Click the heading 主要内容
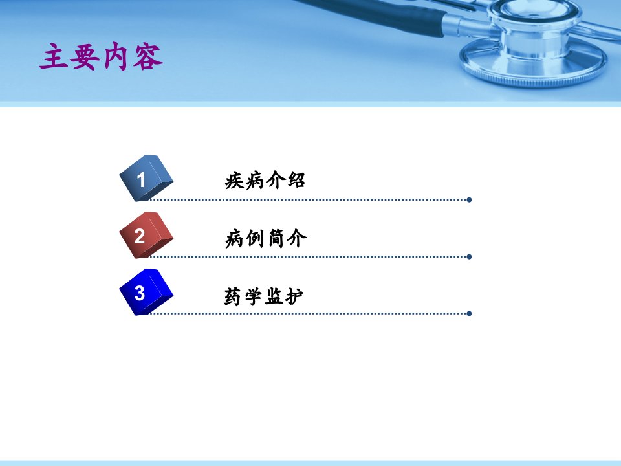click(x=102, y=57)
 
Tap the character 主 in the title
click(x=54, y=57)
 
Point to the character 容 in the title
click(x=148, y=57)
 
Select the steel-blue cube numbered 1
click(x=146, y=178)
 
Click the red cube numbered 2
click(x=146, y=235)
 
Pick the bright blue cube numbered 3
click(x=146, y=292)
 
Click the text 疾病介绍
click(x=265, y=181)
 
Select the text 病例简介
click(x=266, y=239)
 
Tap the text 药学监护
click(x=264, y=296)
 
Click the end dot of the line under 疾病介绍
click(x=469, y=200)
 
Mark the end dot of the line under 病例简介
click(x=469, y=257)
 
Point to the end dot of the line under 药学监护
click(x=469, y=314)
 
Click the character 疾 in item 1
click(x=234, y=181)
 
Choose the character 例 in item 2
click(x=256, y=239)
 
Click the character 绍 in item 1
click(x=296, y=181)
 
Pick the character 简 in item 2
click(x=276, y=239)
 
